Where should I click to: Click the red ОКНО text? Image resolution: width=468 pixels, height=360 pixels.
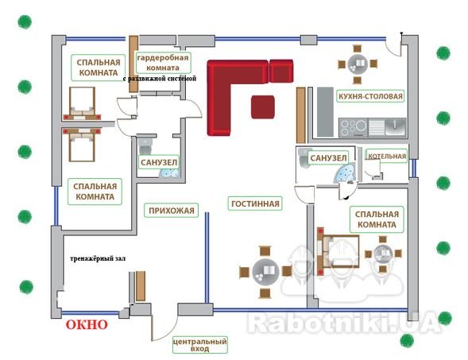pos(87,324)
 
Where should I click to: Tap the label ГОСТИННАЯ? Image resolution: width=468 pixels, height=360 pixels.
pos(255,203)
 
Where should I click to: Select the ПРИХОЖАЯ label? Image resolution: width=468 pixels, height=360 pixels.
pos(172,211)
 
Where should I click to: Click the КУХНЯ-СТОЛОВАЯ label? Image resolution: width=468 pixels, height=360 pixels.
pos(370,96)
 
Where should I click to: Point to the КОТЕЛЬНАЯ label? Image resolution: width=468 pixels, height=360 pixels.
pos(387,156)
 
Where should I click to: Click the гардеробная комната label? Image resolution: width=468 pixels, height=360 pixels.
pos(163,63)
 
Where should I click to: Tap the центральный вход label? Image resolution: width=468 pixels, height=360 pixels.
pos(199,345)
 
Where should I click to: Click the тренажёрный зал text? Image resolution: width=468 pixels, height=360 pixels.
pos(98,258)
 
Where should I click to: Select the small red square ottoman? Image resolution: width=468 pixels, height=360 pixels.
pos(263,106)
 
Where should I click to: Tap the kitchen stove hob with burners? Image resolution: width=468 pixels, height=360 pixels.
pos(354,127)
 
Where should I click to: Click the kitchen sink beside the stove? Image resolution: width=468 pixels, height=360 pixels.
pos(388,127)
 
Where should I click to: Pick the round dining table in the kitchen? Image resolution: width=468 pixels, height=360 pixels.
pos(358,64)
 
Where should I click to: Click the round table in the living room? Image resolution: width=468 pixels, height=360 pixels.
pos(265,272)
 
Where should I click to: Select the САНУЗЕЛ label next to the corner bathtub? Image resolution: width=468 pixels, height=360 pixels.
pos(328,158)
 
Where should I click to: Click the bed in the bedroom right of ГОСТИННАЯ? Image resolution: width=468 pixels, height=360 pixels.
pos(338,251)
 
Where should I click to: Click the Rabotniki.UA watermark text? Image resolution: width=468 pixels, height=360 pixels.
pos(343,322)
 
